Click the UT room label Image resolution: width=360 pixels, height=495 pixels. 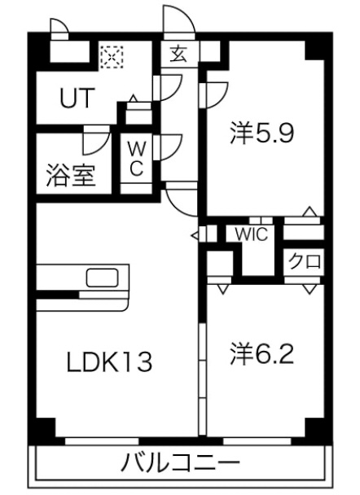(77, 99)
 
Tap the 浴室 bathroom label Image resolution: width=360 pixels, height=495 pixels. (71, 175)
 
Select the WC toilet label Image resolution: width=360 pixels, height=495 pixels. (136, 158)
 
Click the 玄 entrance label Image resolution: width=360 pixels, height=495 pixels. (179, 54)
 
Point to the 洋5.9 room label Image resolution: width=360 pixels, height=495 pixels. (262, 133)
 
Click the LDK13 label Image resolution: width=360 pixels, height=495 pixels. (109, 361)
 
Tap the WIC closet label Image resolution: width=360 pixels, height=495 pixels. (252, 234)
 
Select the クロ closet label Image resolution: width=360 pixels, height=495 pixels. (305, 261)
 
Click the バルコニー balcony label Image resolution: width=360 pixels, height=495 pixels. (180, 463)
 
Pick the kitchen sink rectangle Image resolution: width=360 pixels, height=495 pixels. (103, 278)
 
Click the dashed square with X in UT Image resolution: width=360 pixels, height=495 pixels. (111, 57)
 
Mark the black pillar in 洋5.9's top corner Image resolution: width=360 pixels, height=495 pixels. (314, 50)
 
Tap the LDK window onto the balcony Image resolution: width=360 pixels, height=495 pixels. (102, 441)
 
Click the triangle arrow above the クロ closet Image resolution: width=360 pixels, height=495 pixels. (310, 211)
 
